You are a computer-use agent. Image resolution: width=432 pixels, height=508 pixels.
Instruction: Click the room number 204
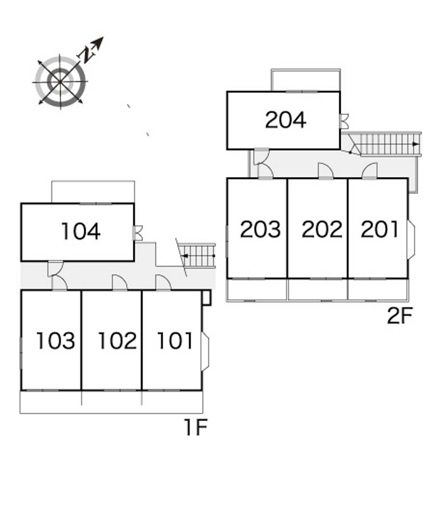[285, 120]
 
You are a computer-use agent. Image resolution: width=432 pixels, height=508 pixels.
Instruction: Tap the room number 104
[80, 232]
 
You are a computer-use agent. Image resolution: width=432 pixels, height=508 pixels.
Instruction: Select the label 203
[260, 229]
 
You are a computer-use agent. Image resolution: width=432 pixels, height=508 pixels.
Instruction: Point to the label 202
[322, 229]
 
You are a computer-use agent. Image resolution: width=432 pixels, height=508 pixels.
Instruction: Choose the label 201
[380, 229]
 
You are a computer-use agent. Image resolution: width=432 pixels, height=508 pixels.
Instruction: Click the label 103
[55, 341]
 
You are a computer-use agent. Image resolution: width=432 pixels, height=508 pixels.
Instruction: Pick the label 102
[117, 341]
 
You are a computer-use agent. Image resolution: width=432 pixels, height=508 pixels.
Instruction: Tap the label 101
[174, 341]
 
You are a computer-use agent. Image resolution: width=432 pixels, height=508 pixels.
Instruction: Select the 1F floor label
[195, 428]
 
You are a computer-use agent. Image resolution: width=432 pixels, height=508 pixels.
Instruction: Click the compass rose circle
[60, 82]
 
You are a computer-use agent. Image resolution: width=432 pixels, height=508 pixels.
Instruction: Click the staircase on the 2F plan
[386, 144]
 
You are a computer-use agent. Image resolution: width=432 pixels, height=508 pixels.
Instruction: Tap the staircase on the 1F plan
[199, 255]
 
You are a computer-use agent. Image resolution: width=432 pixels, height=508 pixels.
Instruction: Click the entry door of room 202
[326, 171]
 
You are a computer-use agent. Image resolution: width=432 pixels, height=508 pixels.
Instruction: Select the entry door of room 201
[369, 171]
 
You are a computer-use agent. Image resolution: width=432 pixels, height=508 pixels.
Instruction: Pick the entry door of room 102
[119, 283]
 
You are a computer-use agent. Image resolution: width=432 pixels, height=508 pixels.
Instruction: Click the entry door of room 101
[163, 283]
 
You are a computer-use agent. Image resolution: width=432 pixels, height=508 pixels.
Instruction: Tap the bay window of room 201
[411, 239]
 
